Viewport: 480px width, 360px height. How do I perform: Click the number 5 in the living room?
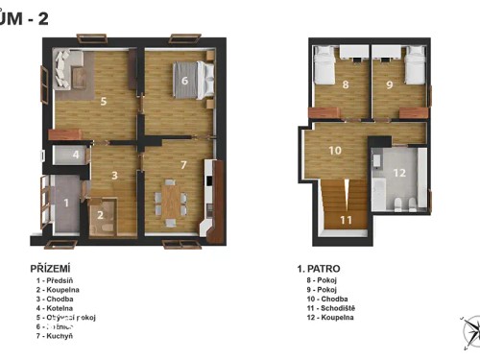point(104,100)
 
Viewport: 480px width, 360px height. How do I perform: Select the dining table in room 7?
point(170,199)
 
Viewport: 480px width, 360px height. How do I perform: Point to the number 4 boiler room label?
point(76,155)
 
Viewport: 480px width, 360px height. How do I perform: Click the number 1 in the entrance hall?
point(65,203)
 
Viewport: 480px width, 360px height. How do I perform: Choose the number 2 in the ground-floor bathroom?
point(99,215)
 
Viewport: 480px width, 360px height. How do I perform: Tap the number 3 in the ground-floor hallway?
point(114,176)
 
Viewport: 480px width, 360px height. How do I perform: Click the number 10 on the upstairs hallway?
point(335,151)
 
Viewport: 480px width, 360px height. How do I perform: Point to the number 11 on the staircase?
point(346,219)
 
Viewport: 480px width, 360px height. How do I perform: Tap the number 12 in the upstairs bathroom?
point(400,173)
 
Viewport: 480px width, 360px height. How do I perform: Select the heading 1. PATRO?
point(319,268)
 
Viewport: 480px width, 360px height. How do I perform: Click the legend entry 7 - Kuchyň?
point(56,336)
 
